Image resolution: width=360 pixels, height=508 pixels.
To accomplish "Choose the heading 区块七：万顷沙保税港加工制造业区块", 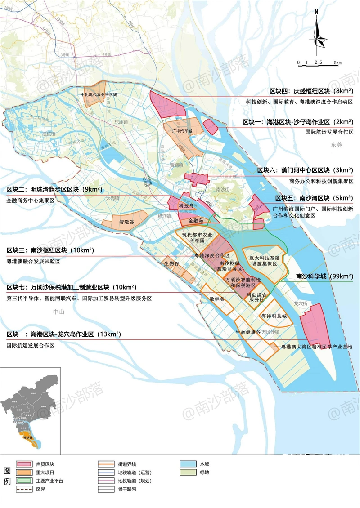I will [72, 287].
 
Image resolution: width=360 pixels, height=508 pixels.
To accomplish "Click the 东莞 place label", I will [336, 145].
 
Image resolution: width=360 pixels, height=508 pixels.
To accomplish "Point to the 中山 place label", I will [59, 312].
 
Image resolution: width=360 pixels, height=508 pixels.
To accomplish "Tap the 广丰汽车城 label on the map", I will [182, 131].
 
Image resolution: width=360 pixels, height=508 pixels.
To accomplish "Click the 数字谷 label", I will [217, 299].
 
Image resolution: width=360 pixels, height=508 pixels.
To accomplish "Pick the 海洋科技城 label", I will [274, 316].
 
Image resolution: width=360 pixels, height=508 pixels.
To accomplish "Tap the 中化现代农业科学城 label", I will [99, 95].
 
